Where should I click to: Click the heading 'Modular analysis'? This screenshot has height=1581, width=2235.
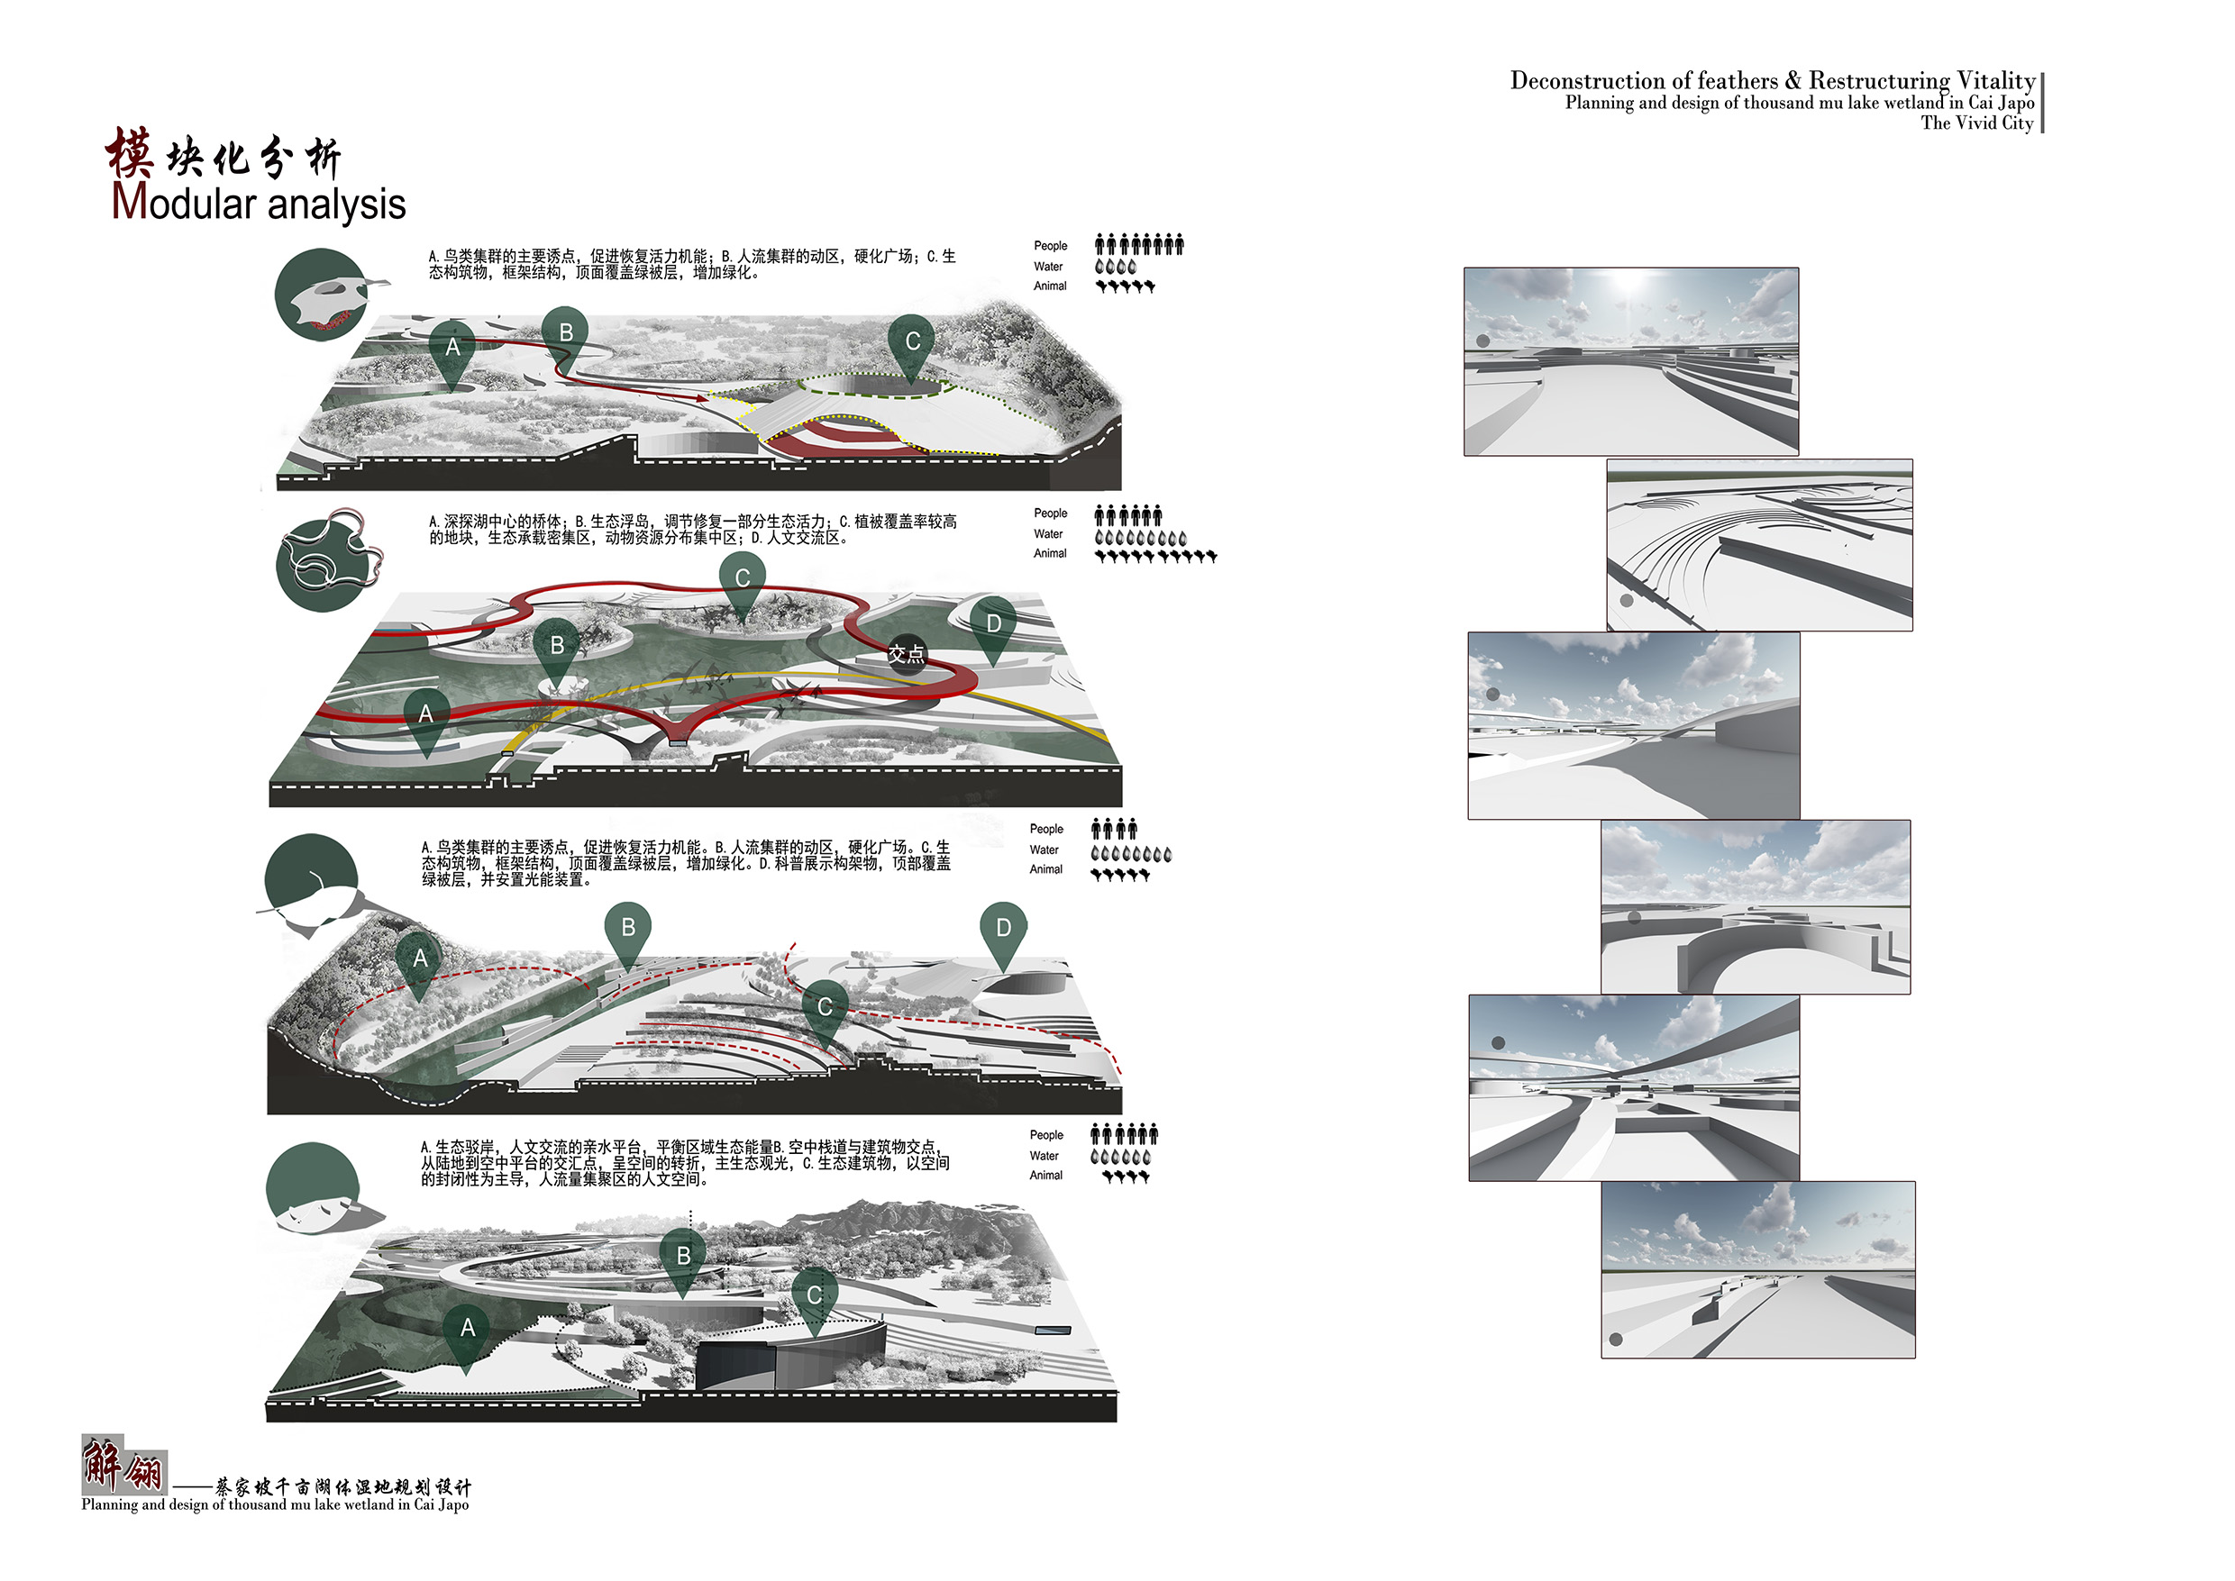[x=258, y=203]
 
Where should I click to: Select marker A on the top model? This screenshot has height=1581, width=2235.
[x=452, y=352]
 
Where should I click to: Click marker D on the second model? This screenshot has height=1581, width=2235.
[x=992, y=628]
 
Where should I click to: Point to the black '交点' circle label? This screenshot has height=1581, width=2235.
[x=906, y=654]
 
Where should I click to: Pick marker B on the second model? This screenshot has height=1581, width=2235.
[x=557, y=650]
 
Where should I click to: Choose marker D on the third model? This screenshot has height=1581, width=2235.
[x=1003, y=933]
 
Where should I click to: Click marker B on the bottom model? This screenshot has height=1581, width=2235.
[x=684, y=1262]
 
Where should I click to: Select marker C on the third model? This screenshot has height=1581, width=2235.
[x=825, y=1012]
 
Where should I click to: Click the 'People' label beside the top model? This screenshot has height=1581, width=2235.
[x=1050, y=245]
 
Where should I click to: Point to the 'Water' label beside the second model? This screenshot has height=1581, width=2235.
[x=1048, y=533]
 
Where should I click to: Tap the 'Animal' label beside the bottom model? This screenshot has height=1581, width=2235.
[x=1046, y=1175]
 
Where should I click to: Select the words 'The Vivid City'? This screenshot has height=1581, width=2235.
[x=1977, y=123]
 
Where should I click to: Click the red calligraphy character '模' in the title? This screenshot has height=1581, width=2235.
[x=131, y=154]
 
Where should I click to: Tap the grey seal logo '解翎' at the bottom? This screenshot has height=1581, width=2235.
[x=123, y=1464]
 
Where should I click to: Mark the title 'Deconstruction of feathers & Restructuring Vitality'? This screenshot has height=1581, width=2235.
[x=1773, y=80]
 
